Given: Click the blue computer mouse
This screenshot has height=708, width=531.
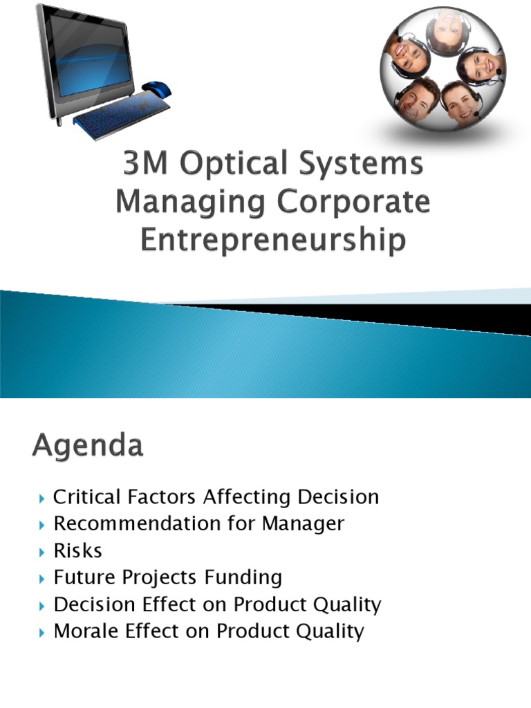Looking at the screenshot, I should pos(157,89).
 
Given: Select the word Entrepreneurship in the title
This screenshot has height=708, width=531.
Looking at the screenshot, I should pos(272,241).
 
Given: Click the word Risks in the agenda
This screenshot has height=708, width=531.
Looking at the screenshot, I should pos(77,551).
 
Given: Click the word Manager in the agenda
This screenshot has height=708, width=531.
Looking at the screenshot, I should pos(303,524).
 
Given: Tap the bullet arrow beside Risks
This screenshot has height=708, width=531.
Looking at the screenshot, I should pos(44,552).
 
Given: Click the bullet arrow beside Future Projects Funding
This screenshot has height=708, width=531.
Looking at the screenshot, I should pos(44,578).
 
